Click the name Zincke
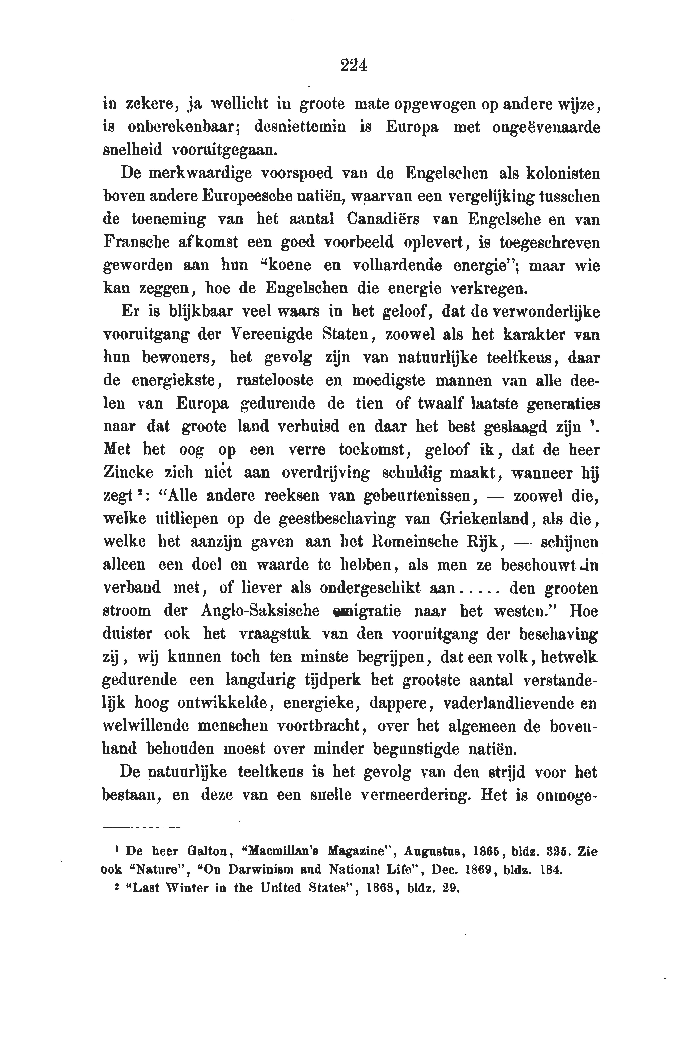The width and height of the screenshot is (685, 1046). coord(128,472)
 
